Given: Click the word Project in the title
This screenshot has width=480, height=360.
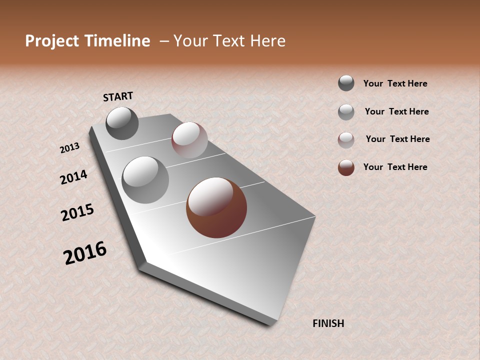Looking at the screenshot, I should [x=52, y=41].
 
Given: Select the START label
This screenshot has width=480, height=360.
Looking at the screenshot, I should [x=118, y=96].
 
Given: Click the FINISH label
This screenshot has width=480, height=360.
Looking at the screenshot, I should [x=328, y=323].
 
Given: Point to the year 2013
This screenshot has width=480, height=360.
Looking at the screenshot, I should [x=69, y=148].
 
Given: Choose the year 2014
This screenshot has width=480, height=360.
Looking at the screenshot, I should [x=73, y=177].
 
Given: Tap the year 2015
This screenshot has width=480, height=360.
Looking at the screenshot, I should [x=77, y=212].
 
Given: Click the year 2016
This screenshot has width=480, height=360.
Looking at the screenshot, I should [x=85, y=252].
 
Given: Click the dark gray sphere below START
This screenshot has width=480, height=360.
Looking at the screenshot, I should [x=122, y=123].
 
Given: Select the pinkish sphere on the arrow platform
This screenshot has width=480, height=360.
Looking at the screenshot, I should [x=189, y=140].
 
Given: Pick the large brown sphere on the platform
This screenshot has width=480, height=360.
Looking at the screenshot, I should [x=216, y=207].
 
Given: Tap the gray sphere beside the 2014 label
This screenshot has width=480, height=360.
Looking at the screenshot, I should [x=145, y=180].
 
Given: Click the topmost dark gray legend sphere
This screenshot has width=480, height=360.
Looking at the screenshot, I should [x=346, y=83].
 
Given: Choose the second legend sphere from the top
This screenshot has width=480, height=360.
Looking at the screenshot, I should [x=346, y=112].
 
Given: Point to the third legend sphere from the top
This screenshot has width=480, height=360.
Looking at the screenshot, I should [x=346, y=140].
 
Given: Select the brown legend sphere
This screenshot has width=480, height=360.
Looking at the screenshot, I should [x=346, y=167].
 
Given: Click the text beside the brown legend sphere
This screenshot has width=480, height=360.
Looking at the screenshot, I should [x=395, y=167].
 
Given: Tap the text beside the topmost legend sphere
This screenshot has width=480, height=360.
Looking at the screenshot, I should [x=395, y=83].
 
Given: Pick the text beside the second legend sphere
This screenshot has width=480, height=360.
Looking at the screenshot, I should [x=396, y=111].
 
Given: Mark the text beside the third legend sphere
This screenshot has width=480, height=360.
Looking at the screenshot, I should [x=397, y=139].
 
